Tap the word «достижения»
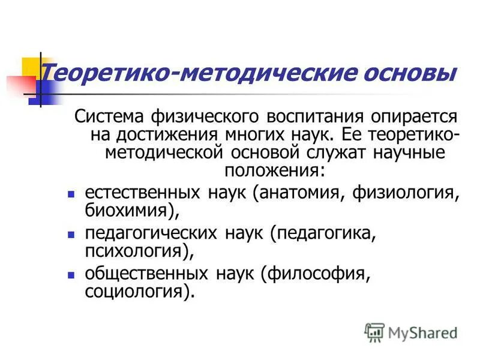coord(157,134)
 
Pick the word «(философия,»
coord(313,275)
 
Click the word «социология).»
coord(141,293)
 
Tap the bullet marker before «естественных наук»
coord(70,194)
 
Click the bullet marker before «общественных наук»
coord(70,275)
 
